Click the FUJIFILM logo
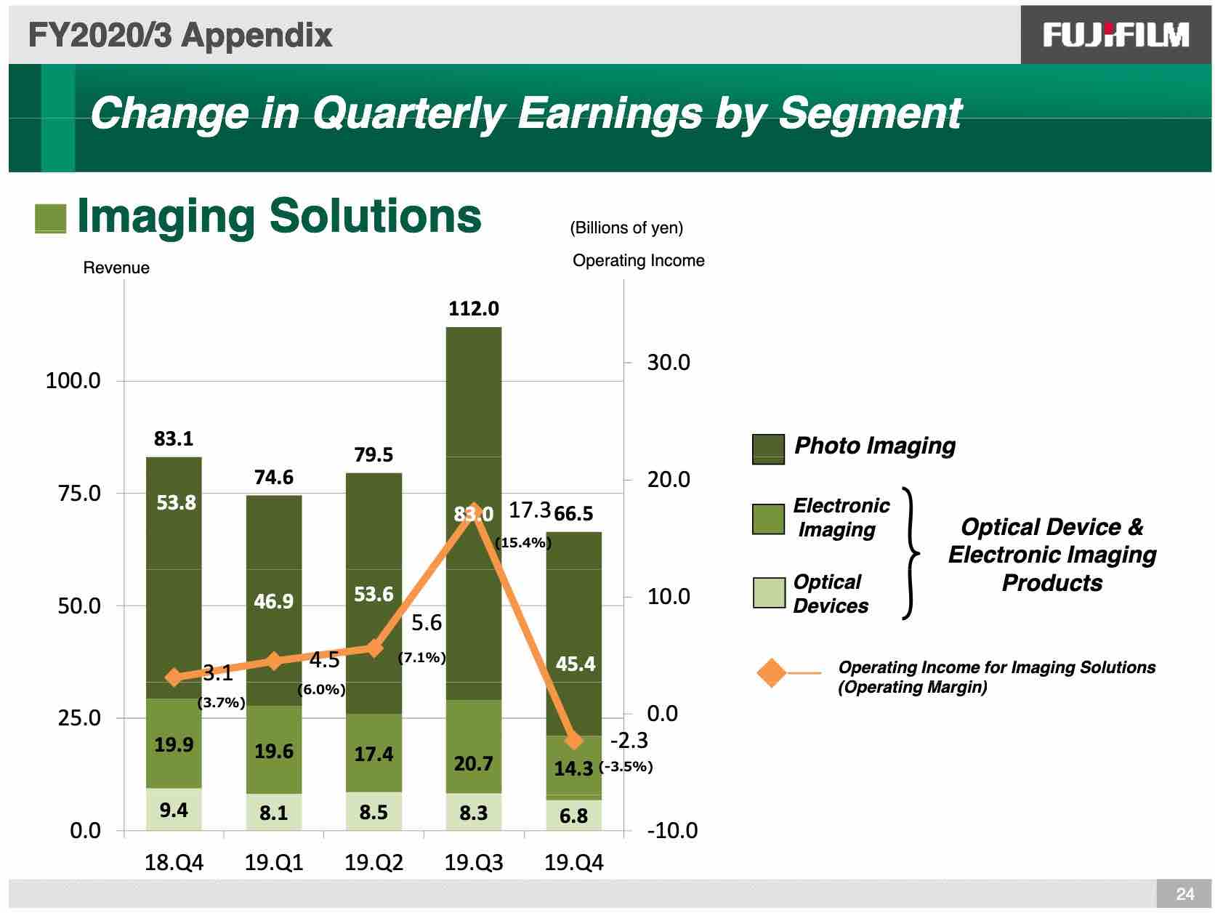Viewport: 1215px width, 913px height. tap(1115, 35)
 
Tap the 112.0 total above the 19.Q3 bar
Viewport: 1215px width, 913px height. tap(473, 308)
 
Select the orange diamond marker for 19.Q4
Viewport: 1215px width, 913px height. tap(573, 740)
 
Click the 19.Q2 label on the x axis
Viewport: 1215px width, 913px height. tap(374, 863)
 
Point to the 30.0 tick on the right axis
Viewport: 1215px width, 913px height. tap(668, 363)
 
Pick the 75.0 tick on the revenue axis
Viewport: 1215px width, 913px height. tap(79, 494)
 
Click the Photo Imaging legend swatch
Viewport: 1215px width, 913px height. tap(768, 449)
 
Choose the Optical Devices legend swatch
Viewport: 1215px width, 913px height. tap(768, 592)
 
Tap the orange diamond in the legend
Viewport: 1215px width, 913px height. tap(771, 672)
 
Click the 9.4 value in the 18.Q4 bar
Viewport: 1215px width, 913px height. tap(173, 810)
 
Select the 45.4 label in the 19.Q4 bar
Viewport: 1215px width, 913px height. tap(575, 663)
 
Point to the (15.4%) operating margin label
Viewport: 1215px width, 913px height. tap(522, 542)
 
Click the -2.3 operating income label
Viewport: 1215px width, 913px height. tap(629, 740)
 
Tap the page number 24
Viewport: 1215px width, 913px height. tap(1184, 893)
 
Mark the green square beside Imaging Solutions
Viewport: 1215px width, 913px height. tap(50, 219)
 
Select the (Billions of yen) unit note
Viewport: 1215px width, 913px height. tap(626, 228)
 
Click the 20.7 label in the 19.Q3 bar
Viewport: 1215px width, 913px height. tap(473, 763)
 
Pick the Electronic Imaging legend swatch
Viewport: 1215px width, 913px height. tap(768, 519)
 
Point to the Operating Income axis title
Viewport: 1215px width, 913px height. tap(638, 260)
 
